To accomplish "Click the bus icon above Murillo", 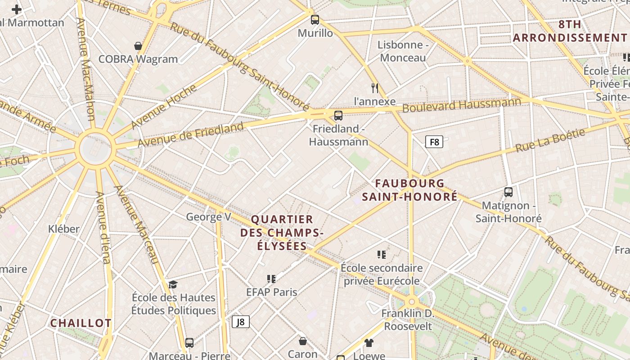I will point(315,20).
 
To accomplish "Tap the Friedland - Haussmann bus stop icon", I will point(338,116).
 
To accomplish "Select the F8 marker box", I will point(434,142).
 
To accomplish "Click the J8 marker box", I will point(241,322).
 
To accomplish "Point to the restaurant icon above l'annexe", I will point(375,88).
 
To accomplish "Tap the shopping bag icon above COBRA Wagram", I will point(138,46).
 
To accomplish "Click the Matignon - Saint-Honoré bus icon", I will point(508,192).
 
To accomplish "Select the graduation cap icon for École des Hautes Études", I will point(173,284).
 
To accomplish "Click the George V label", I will point(209,217).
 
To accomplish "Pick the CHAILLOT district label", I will point(81,323).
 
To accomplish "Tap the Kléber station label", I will point(64,229).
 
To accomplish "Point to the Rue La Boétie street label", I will point(550,140).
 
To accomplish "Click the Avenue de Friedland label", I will point(190,135).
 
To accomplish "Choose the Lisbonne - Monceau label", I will point(403,51).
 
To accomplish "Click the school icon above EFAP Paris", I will point(271,279).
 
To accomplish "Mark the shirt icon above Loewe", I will point(369,343).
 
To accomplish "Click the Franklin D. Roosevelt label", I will point(407,319).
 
